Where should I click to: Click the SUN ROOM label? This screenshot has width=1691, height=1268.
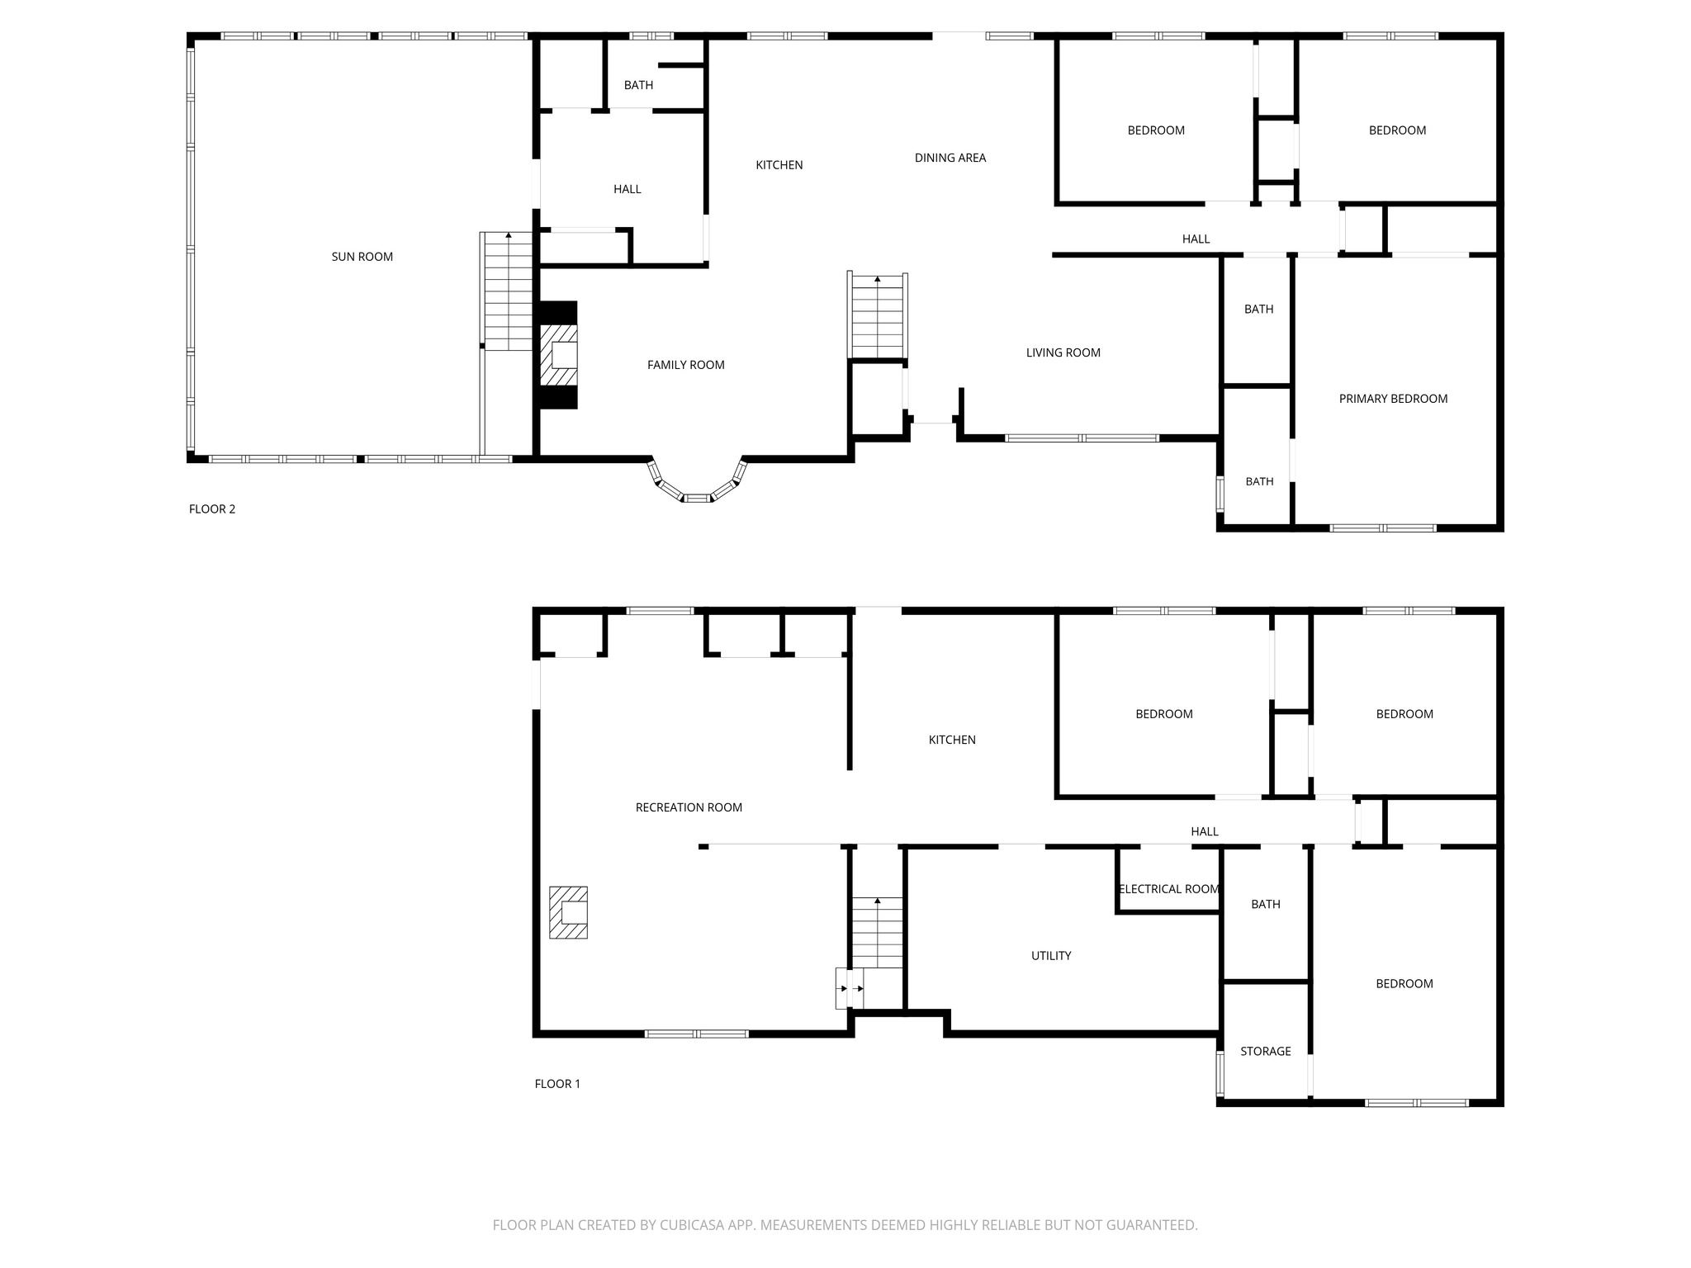(x=362, y=257)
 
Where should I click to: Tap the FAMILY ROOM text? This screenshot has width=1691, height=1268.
(x=685, y=365)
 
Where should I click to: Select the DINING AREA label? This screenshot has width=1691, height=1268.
(x=950, y=158)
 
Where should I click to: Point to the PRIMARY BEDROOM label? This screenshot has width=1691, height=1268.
(x=1393, y=399)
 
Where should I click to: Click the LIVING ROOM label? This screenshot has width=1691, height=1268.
(x=1063, y=352)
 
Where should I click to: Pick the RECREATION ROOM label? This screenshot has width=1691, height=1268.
(x=689, y=807)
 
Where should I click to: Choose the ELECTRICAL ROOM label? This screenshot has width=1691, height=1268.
(x=1168, y=889)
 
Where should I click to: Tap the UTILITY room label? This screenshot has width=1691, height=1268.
(x=1050, y=956)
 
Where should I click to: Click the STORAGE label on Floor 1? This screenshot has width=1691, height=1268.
(x=1265, y=1051)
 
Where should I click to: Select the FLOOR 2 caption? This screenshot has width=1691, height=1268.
(x=212, y=509)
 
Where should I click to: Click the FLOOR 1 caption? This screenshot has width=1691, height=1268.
(x=557, y=1084)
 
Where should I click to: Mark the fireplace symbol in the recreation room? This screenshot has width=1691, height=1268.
(x=569, y=912)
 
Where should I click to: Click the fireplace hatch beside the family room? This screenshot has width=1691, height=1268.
(x=559, y=355)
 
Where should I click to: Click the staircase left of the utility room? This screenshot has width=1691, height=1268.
(x=877, y=933)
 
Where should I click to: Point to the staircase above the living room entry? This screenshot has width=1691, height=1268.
(x=877, y=317)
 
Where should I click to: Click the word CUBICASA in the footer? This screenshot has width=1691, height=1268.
(x=694, y=1225)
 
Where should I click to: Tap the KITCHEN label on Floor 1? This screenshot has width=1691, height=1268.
(x=952, y=740)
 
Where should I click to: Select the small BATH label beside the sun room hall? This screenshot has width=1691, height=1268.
(x=638, y=85)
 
